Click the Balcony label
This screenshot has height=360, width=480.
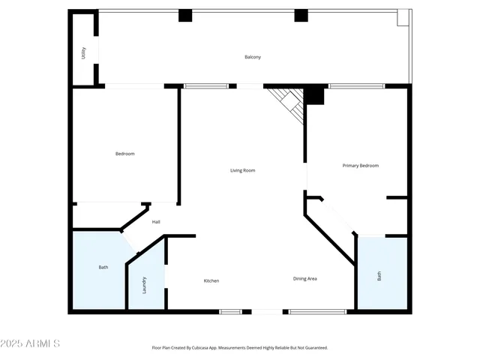tap(253, 58)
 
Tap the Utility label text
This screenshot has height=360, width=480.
tap(85, 53)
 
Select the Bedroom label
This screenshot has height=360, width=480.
tap(124, 154)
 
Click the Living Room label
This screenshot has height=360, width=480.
tap(242, 170)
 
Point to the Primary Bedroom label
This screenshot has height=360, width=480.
tap(360, 166)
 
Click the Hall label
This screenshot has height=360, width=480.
tap(156, 222)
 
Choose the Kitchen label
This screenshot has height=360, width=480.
tap(211, 280)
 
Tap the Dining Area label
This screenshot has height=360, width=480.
tap(304, 279)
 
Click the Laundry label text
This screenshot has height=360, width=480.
tap(145, 285)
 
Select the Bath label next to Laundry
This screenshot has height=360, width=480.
tap(103, 268)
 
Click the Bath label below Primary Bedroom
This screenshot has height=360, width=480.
tap(379, 276)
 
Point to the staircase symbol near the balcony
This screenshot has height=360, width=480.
tap(289, 103)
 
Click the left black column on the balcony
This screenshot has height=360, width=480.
tap(185, 16)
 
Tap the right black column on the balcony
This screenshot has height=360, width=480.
tap(301, 16)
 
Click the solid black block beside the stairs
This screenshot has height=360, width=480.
tap(313, 96)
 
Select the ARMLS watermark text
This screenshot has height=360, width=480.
tap(31, 343)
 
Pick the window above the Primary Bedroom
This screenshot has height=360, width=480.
tap(356, 86)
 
